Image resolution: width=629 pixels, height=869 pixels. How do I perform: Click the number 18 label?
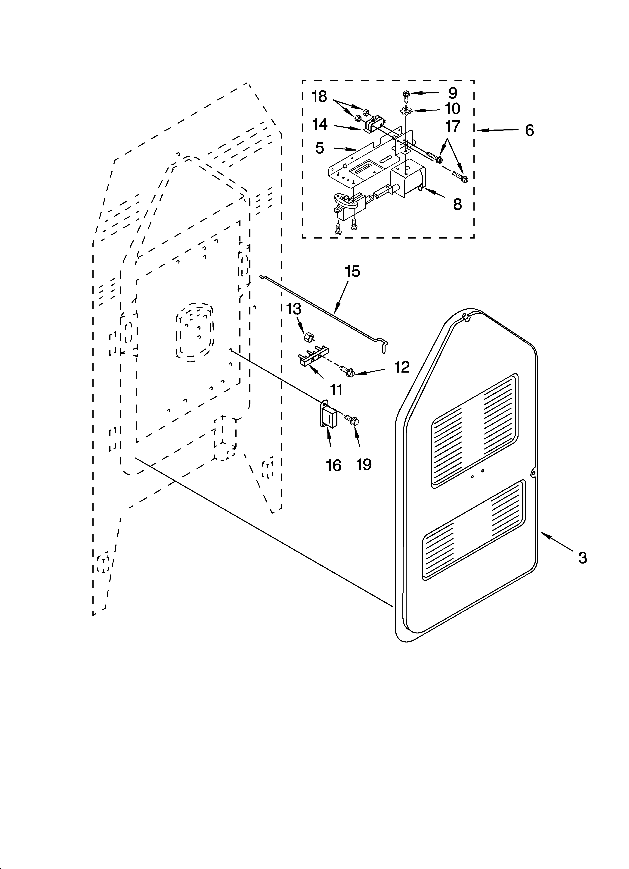(319, 97)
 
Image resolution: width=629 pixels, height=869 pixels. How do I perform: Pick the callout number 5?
(320, 148)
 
